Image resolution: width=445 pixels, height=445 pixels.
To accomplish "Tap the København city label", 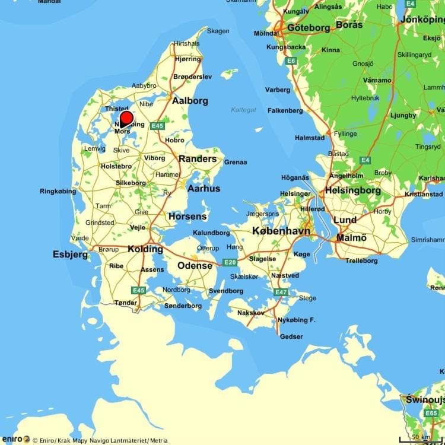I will (x=281, y=231).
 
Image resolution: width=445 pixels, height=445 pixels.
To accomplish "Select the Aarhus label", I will (x=204, y=189).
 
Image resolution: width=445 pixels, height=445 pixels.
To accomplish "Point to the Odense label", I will (x=195, y=266).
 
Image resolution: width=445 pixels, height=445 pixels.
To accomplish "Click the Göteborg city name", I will (x=308, y=28).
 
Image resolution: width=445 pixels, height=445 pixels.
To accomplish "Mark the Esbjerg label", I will (x=70, y=255).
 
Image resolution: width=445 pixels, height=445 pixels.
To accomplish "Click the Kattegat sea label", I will (x=243, y=110).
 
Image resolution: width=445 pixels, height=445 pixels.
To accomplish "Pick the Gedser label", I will (x=291, y=336).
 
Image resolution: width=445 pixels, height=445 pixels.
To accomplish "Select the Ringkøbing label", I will (x=58, y=191).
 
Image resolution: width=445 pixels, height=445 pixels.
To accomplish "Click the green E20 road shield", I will (x=230, y=262).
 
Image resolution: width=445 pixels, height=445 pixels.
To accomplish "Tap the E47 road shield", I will (x=281, y=292).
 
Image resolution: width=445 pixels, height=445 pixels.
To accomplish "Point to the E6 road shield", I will (x=290, y=61).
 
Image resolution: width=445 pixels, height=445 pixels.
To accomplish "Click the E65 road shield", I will (x=431, y=413).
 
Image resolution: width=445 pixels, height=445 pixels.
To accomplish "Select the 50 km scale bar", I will (x=420, y=438).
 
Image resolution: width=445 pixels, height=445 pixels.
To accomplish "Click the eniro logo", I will (x=15, y=440).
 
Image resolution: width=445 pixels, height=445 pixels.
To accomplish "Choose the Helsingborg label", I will (x=352, y=191).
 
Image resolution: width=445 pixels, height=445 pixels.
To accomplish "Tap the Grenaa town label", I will (x=235, y=162).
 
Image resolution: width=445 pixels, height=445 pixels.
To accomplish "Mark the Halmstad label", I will (x=310, y=138).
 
